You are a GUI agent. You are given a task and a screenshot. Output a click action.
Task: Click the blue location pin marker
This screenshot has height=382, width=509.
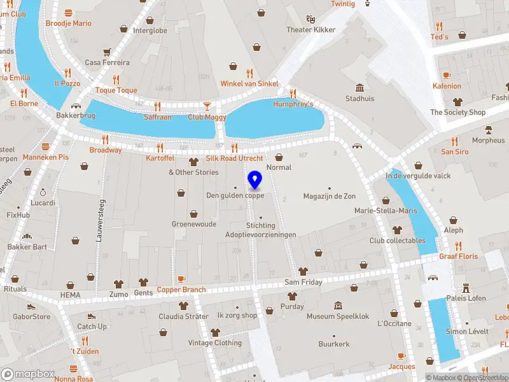click(x=254, y=180)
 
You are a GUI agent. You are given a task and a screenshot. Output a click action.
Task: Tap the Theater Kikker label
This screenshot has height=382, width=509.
click(x=310, y=30)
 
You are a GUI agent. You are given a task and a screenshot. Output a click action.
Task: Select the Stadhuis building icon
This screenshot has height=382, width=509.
click(x=359, y=87)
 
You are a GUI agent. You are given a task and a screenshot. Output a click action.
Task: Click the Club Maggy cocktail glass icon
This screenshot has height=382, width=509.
click(x=207, y=106)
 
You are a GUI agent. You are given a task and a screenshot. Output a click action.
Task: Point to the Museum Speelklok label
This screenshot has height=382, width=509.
click(x=338, y=316)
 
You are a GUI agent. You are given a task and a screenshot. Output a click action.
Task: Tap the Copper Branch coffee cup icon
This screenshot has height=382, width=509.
click(x=181, y=279)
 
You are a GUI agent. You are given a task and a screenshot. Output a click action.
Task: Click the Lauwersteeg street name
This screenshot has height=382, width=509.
click(x=99, y=220)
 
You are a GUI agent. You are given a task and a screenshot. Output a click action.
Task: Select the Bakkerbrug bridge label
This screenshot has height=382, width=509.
click(x=76, y=116)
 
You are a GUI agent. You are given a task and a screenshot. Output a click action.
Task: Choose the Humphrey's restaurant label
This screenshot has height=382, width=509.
click(x=293, y=104)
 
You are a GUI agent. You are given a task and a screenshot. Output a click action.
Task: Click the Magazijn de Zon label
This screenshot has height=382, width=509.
click(x=329, y=196)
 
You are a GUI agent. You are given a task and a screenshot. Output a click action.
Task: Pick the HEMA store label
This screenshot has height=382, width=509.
click(x=70, y=295)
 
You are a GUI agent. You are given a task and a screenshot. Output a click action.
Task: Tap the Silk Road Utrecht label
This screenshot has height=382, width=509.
click(x=234, y=158)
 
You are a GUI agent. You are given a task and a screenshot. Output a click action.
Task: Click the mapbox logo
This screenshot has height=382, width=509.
click(x=27, y=374)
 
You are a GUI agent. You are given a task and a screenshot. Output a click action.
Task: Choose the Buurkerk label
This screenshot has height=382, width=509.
click(x=334, y=344)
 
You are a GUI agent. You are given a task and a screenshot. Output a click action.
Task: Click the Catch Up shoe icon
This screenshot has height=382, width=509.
click(x=92, y=316)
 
